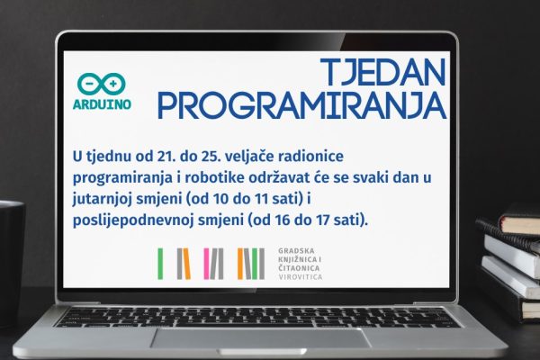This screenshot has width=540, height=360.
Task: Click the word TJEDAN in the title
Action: [x=383, y=72]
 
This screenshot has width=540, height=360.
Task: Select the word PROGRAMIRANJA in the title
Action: [x=302, y=105]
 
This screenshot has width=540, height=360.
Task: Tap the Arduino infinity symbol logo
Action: [x=101, y=84]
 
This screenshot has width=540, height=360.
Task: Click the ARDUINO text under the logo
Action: [x=102, y=104]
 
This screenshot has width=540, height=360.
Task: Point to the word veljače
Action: [x=248, y=156]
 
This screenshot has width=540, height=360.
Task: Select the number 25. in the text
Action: [x=211, y=157]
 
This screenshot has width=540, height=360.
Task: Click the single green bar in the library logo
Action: [x=160, y=264]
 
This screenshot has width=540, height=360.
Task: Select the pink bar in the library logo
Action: [x=206, y=264]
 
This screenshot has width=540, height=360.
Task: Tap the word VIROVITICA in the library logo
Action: [x=301, y=277]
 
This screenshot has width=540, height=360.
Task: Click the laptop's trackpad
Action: [x=261, y=338]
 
